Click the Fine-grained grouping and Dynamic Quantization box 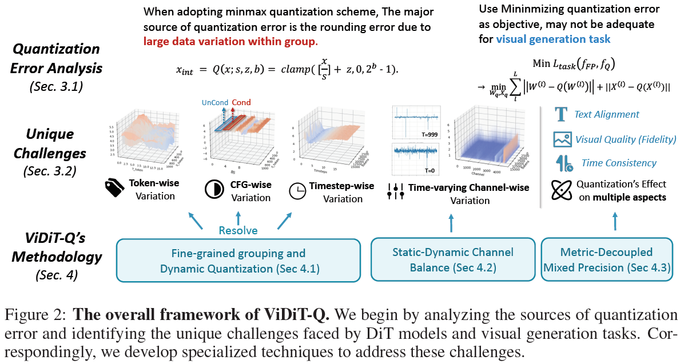(x=238, y=260)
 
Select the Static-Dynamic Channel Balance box (x=452, y=260)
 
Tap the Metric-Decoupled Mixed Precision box (x=607, y=260)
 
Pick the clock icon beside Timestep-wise (x=297, y=191)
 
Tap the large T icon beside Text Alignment (x=560, y=114)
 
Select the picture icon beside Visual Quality (x=560, y=139)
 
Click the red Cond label (x=241, y=103)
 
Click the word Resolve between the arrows (x=238, y=230)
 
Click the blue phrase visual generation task (x=553, y=39)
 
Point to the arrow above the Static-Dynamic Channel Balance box (x=451, y=222)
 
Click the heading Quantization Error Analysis (x=56, y=58)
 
